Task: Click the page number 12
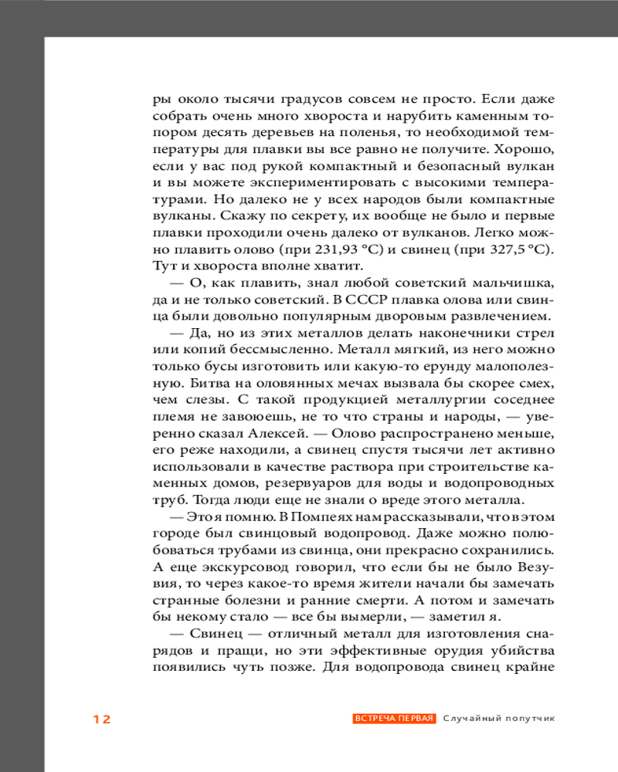click(x=102, y=720)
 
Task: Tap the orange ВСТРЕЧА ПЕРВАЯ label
click(x=395, y=719)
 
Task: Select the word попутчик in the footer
click(x=531, y=719)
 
